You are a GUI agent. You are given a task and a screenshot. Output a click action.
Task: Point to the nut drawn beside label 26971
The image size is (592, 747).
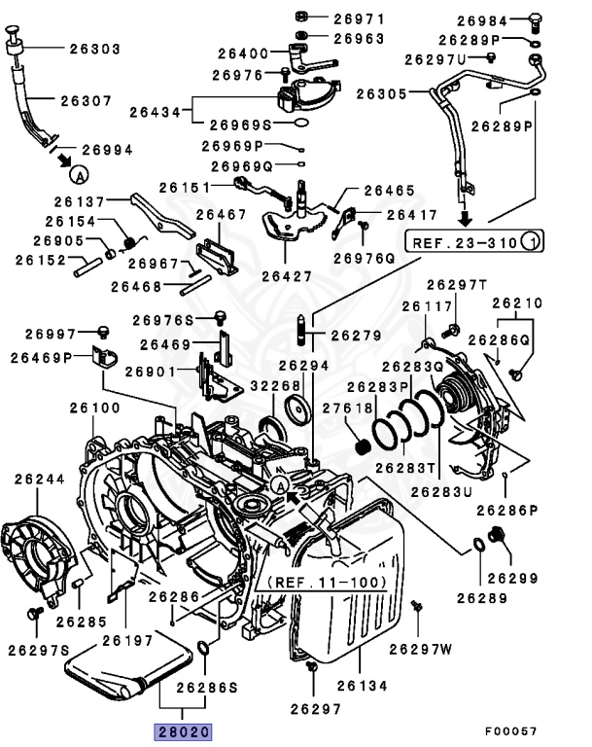coord(300,18)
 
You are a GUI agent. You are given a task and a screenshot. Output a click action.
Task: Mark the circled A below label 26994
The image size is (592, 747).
coord(78,174)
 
